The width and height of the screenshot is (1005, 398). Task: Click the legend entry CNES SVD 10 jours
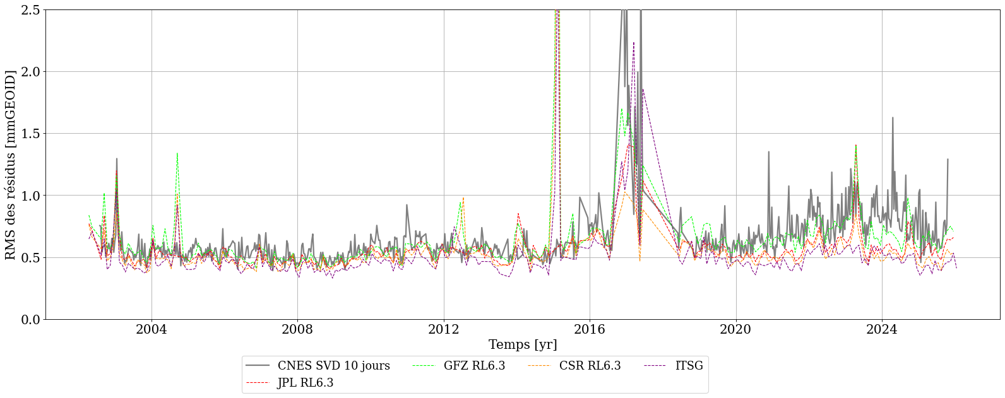[x=333, y=366]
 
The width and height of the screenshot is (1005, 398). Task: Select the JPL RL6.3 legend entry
[x=305, y=383]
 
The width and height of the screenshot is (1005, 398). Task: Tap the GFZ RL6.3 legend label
[x=474, y=366]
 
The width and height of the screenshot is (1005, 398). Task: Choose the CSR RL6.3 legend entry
[x=590, y=366]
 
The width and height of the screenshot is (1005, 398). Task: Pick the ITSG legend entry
[x=688, y=366]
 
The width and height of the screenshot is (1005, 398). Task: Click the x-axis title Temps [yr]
[x=523, y=345]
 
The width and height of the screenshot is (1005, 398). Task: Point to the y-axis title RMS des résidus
[x=11, y=165]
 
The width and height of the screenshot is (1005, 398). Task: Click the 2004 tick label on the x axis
[x=152, y=330]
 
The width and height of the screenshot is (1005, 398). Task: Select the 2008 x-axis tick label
[x=297, y=330]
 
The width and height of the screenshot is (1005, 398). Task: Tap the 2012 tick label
[x=444, y=330]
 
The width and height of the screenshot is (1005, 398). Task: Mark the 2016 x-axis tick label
[x=590, y=330]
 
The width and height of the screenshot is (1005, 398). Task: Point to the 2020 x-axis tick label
[x=736, y=330]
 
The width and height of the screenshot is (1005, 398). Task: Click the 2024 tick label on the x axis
[x=882, y=330]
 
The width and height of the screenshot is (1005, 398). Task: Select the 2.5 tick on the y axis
[x=29, y=10]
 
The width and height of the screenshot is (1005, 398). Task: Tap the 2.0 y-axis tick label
[x=29, y=72]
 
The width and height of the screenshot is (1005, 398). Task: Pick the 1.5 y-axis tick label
[x=29, y=134]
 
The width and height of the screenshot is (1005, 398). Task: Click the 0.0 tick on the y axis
[x=29, y=320]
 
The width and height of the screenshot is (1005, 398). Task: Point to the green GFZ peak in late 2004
[x=177, y=153]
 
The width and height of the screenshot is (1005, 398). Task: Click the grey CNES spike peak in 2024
[x=893, y=118]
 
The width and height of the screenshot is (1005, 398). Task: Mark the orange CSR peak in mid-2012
[x=463, y=198]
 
